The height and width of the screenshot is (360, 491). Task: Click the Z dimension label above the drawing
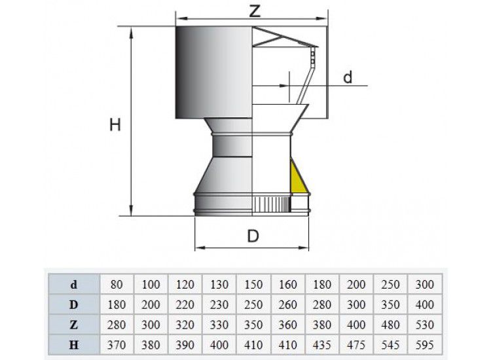tap(255, 11)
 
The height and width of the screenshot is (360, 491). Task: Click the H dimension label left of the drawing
tap(115, 125)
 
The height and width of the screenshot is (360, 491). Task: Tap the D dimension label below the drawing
tap(253, 236)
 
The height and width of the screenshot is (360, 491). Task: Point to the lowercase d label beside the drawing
tap(348, 77)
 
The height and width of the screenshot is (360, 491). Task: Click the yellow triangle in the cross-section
tap(297, 179)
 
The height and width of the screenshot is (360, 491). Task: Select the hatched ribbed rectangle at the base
tap(271, 205)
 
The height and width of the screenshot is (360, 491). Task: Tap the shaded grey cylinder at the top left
tap(213, 72)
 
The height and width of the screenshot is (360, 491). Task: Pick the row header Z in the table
tap(73, 325)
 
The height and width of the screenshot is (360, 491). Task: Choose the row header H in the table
tap(73, 345)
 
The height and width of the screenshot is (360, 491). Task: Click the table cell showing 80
tap(116, 285)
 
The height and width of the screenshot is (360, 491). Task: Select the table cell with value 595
tap(425, 345)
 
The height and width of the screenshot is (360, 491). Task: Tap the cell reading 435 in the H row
tap(322, 345)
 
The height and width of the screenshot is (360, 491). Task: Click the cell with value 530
tap(425, 325)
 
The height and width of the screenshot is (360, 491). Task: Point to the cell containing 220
tap(185, 304)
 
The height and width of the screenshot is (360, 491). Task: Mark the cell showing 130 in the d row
tap(219, 285)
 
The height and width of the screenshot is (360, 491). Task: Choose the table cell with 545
tap(390, 345)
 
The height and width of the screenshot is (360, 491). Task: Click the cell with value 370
tap(116, 345)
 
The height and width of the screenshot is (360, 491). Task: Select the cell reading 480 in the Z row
tap(390, 325)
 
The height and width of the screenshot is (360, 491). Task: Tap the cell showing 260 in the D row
tap(287, 304)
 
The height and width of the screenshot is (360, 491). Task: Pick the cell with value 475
tap(356, 345)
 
